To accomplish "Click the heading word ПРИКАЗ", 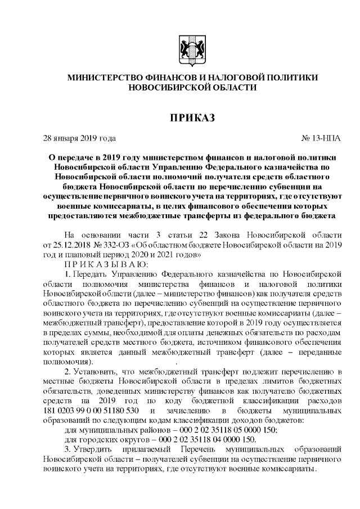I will pyautogui.click(x=192, y=116).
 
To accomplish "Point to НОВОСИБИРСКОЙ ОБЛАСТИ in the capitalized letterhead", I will pyautogui.click(x=192, y=88).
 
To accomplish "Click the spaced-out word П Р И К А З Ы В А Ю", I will pyautogui.click(x=99, y=264).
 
